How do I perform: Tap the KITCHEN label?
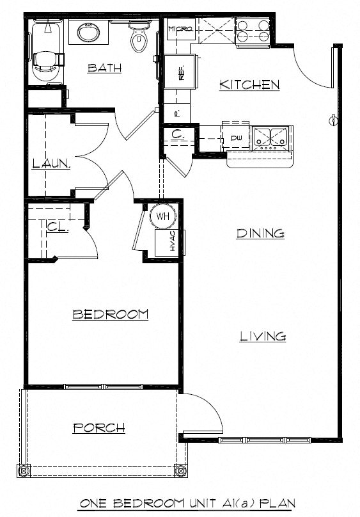[x=249, y=84]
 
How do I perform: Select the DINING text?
[x=260, y=234]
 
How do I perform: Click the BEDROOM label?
[x=110, y=314]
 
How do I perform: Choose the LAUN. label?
[x=51, y=164]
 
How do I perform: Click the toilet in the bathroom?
[x=138, y=38]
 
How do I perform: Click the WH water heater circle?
[x=162, y=216]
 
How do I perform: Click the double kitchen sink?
[x=271, y=136]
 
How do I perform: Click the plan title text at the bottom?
[x=187, y=504]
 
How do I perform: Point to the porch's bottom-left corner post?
[x=25, y=472]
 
